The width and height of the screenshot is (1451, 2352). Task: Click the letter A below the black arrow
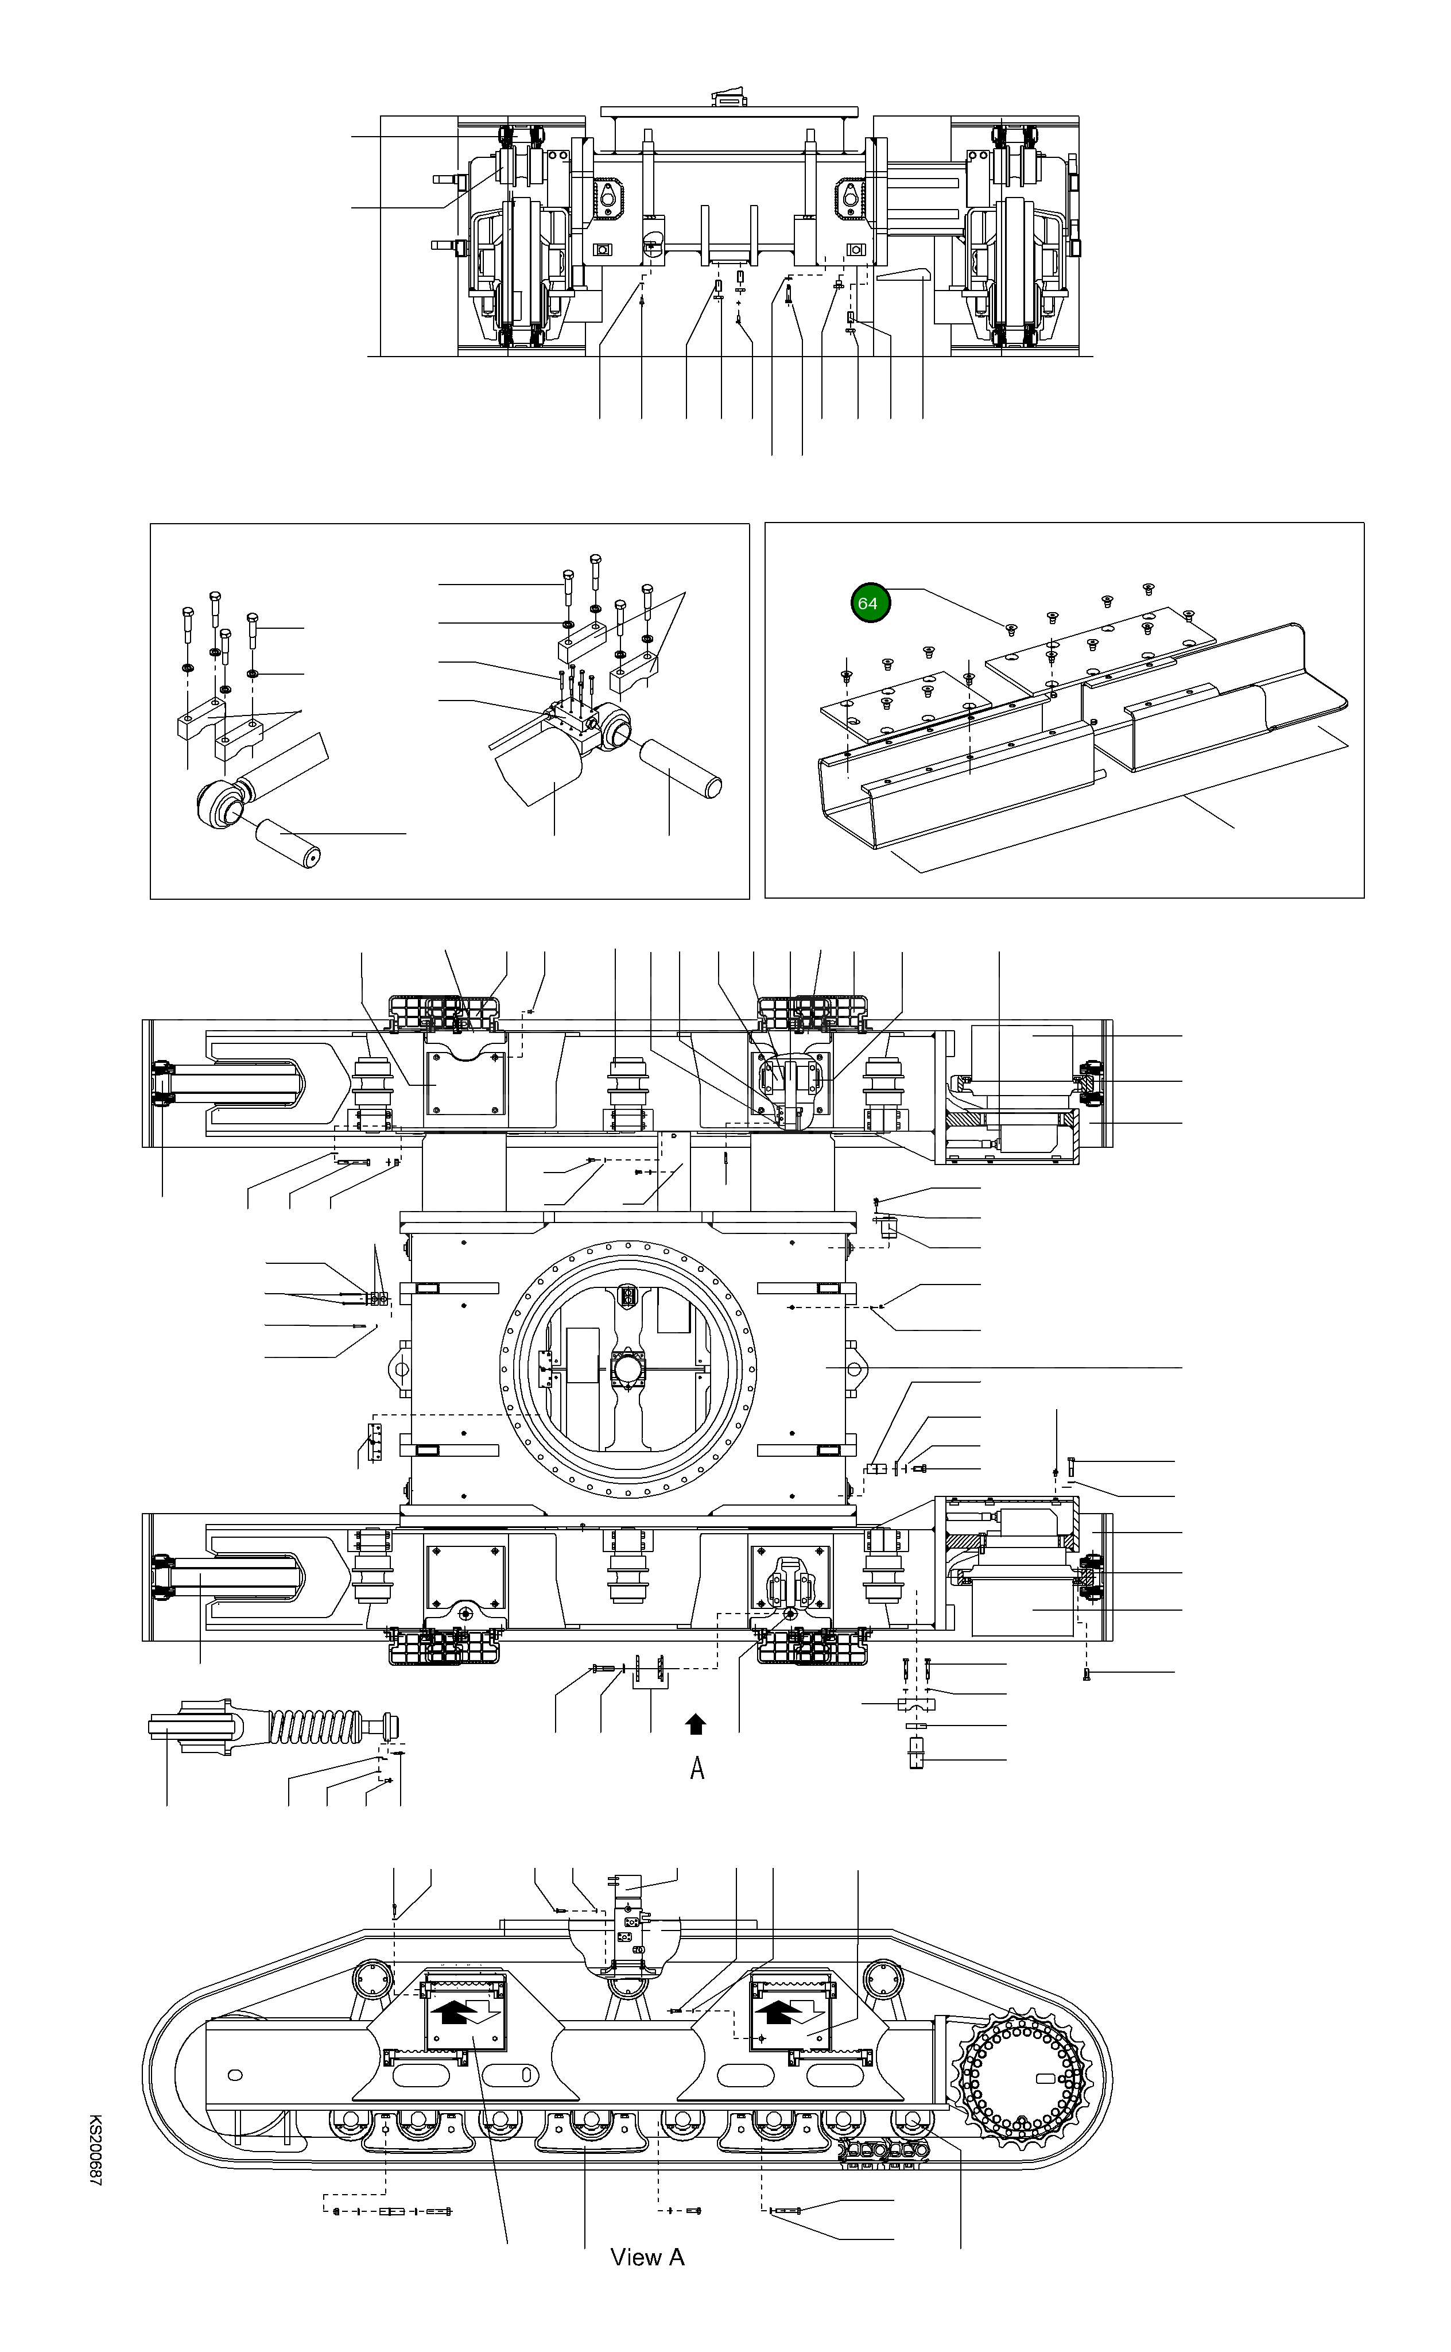(x=698, y=1767)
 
